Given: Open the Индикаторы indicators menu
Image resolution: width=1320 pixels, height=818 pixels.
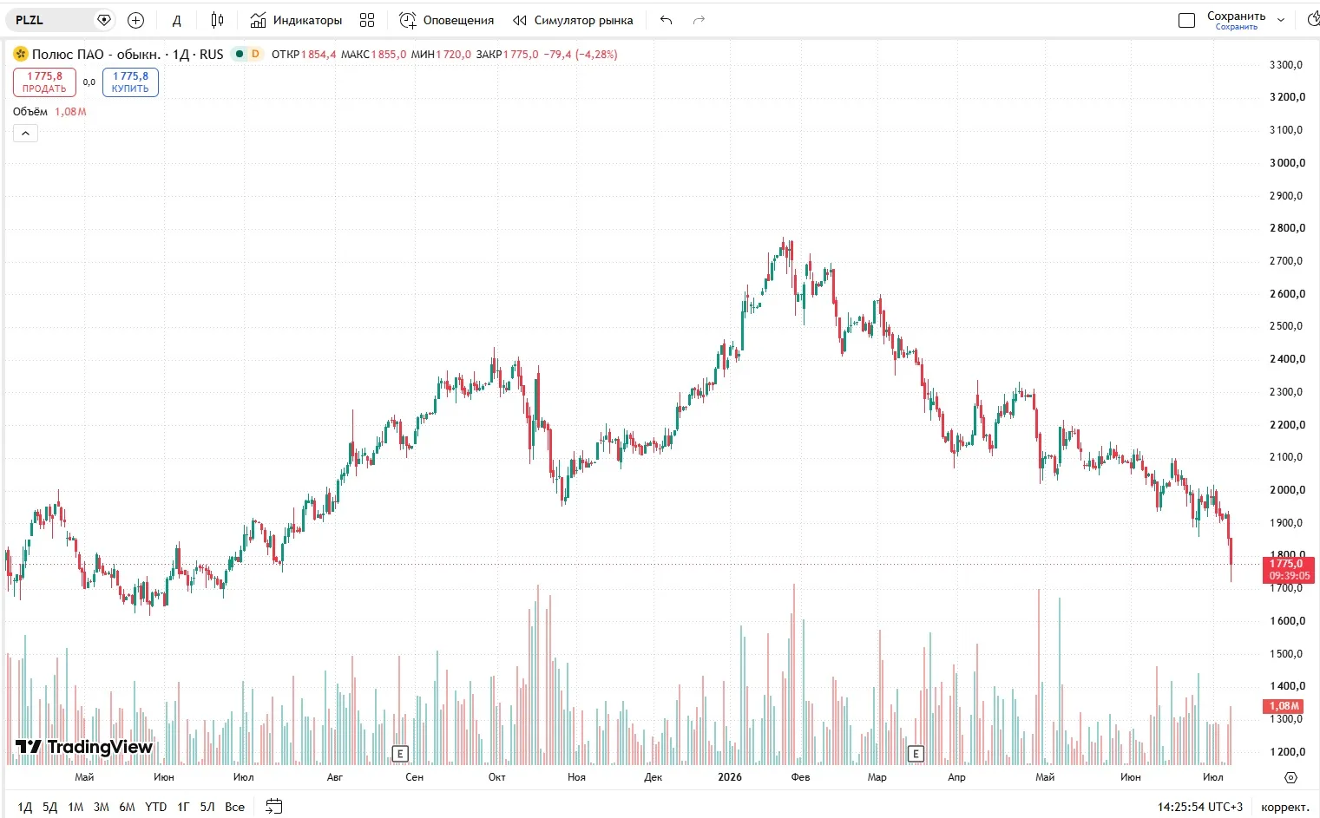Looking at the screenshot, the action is (296, 20).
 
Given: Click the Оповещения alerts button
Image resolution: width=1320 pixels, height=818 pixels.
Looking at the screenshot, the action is (447, 20).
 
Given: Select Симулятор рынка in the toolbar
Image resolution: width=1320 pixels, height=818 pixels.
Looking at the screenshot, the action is (573, 20).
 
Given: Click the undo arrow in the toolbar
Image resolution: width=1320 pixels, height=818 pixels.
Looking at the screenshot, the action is (666, 20).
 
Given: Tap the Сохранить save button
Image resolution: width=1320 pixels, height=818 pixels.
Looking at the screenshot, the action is (1236, 20).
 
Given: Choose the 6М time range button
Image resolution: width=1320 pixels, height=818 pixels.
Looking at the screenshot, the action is (127, 807).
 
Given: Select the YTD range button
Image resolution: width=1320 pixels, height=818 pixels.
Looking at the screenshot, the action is (155, 807).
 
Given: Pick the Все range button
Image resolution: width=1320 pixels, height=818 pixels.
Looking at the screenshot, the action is (234, 807).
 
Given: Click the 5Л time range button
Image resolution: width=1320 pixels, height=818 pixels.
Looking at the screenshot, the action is (207, 807).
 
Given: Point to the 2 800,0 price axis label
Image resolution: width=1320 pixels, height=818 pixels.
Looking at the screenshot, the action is (1287, 228).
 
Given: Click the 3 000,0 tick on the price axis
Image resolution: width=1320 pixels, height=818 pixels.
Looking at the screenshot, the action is (1287, 162).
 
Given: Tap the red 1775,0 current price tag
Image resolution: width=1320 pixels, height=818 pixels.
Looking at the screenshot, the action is (1288, 570).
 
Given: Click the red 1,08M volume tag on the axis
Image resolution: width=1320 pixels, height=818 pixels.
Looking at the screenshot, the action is (1284, 705).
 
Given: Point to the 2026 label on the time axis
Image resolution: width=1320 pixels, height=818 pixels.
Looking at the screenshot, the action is (730, 776).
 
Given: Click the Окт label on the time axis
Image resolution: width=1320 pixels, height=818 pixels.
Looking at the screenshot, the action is (496, 776).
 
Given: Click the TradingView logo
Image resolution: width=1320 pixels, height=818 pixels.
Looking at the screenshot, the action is (83, 747).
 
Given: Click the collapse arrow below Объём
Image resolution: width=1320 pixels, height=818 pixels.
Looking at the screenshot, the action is (25, 133).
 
